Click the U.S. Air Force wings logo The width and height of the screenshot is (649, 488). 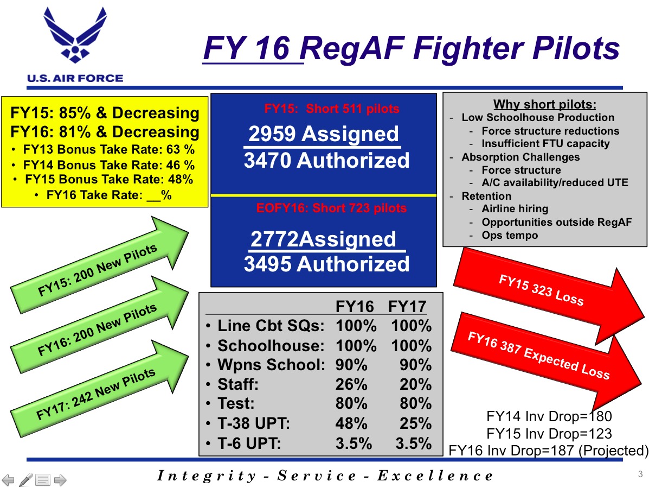click(x=75, y=35)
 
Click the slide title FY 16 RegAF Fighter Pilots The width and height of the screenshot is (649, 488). click(x=412, y=48)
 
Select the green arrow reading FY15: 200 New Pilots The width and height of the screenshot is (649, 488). click(x=99, y=264)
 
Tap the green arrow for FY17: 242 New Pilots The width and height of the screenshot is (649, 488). click(x=99, y=389)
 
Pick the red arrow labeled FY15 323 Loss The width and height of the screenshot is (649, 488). click(x=548, y=296)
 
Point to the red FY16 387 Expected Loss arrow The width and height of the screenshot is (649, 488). click(x=545, y=361)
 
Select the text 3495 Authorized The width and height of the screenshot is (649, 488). click(x=326, y=264)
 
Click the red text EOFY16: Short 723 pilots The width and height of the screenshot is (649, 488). click(x=331, y=208)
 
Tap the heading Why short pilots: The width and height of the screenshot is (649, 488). click(x=545, y=104)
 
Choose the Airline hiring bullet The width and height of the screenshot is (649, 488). click(x=515, y=209)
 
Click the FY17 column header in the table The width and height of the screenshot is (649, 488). click(x=407, y=307)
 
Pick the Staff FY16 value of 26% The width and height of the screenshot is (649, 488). click(x=351, y=384)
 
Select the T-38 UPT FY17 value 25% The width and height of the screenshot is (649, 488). click(x=415, y=423)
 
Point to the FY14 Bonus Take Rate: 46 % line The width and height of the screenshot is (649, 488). click(x=109, y=165)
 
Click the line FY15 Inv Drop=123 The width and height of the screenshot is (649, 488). click(x=549, y=433)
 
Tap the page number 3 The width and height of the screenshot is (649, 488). click(x=640, y=474)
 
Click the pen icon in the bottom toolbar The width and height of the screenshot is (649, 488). click(x=25, y=480)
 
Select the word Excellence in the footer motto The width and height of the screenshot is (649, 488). click(x=435, y=476)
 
